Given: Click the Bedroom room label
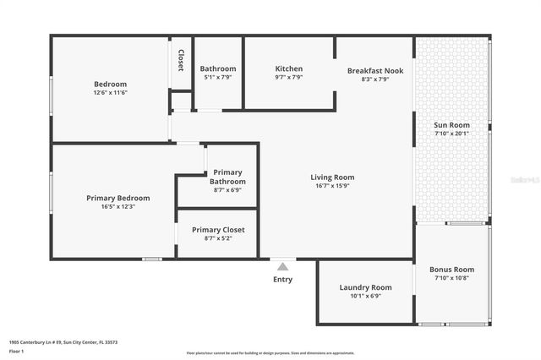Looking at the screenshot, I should [110, 84].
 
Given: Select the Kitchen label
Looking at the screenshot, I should [288, 68].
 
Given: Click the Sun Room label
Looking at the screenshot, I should [451, 125].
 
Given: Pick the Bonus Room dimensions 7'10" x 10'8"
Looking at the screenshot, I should [451, 278].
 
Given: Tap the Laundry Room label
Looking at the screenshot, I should [365, 287].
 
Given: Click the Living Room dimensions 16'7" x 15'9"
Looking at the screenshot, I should [332, 186].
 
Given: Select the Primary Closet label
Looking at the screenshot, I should [218, 229].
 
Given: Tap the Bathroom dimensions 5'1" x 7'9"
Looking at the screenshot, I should [217, 78].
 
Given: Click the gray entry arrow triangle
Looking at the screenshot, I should [282, 265].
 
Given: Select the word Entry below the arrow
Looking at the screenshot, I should [282, 279].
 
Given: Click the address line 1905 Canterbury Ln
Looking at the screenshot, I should [63, 342].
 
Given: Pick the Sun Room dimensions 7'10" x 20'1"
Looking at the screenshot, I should [451, 134].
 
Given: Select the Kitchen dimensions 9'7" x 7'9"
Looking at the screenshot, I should [288, 78].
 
